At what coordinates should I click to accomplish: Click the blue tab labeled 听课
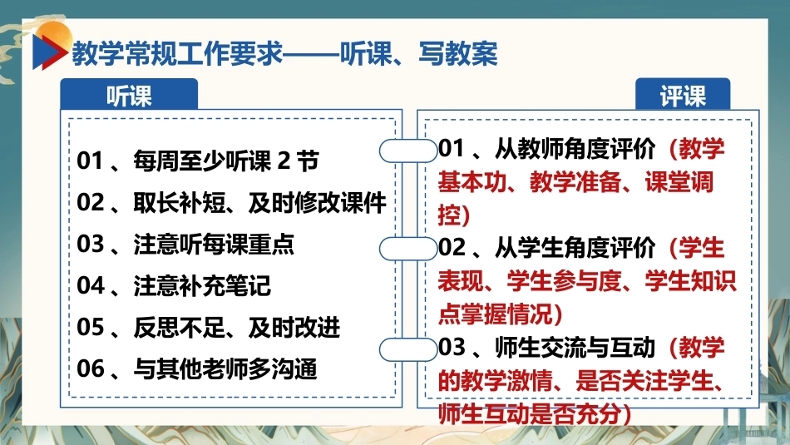(x=129, y=94)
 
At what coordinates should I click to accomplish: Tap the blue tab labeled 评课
(x=683, y=94)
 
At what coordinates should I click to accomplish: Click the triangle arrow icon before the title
(x=49, y=52)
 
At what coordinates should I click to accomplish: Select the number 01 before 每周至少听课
(x=90, y=161)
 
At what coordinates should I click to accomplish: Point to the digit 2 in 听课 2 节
(x=284, y=161)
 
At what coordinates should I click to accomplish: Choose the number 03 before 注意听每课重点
(x=90, y=244)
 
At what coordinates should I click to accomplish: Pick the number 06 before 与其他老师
(x=90, y=368)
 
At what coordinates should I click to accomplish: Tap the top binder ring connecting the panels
(x=408, y=151)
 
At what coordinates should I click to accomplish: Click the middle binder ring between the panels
(x=408, y=249)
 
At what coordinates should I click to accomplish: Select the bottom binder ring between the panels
(x=408, y=349)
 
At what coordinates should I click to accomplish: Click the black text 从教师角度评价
(x=575, y=149)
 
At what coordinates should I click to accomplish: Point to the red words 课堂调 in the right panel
(x=679, y=182)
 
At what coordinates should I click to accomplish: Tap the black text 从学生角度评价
(x=575, y=248)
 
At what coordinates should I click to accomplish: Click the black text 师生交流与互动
(x=575, y=348)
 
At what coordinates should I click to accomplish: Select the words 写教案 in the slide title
(x=457, y=53)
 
